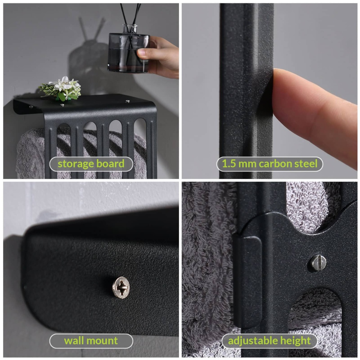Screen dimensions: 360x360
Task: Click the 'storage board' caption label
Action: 91,164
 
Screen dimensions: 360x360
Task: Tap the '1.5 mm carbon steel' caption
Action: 270,164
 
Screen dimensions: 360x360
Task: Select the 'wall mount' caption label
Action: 91,341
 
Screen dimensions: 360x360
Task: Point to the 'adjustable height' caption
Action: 270,341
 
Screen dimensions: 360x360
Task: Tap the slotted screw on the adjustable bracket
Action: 318,262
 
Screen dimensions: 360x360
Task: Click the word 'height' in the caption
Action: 295,341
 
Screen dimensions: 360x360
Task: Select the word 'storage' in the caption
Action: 76,164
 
